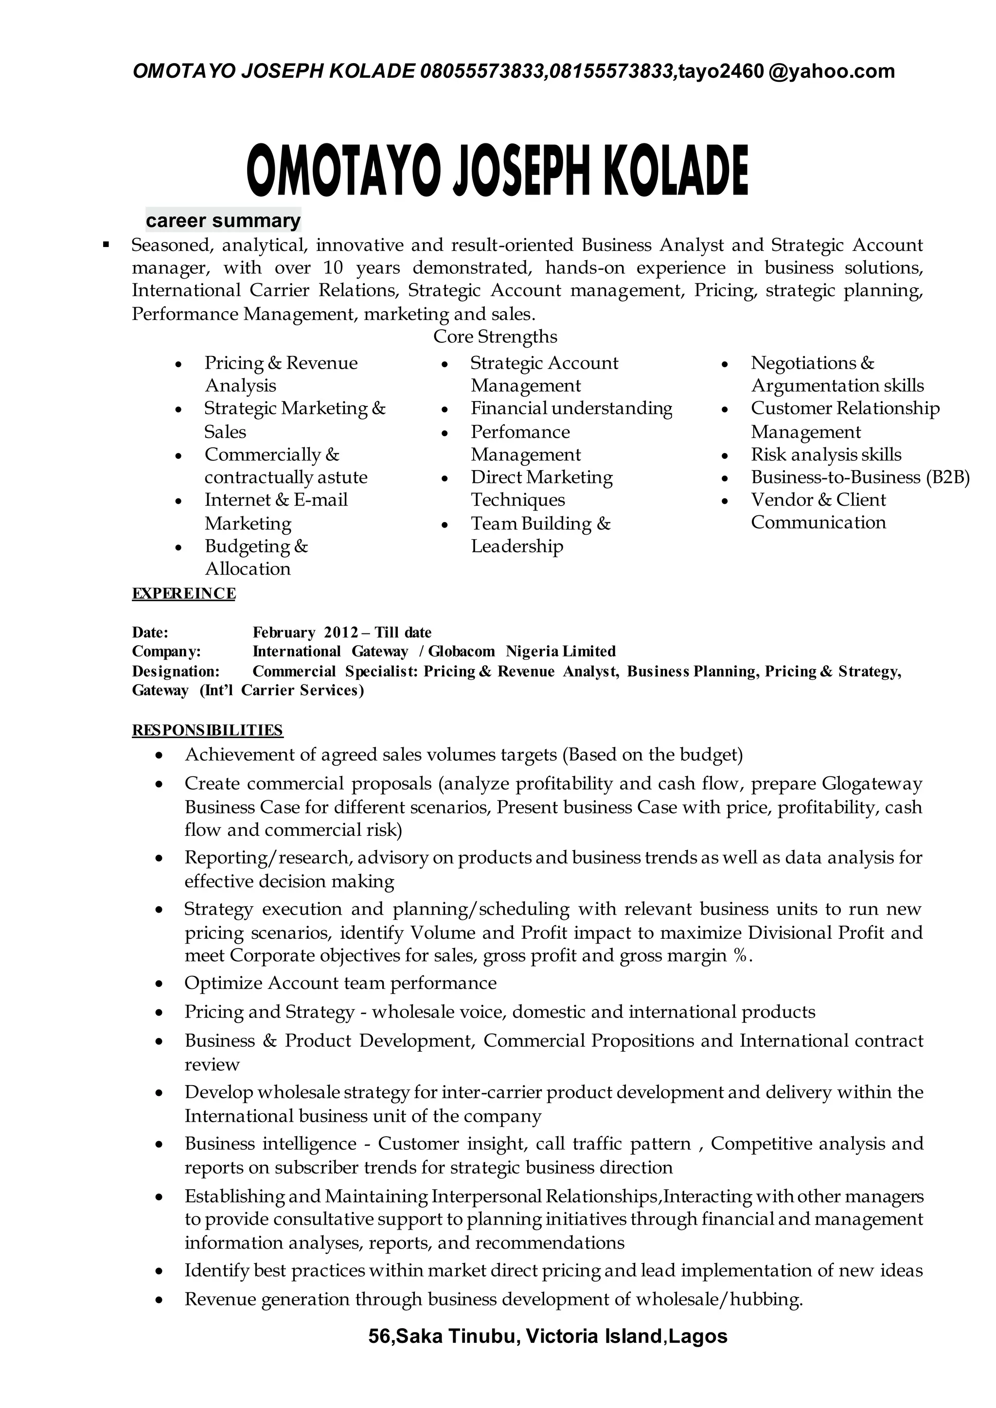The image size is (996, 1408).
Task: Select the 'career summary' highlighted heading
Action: click(x=223, y=220)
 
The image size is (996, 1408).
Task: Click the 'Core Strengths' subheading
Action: click(x=495, y=336)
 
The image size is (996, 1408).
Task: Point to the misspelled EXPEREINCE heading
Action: click(x=183, y=594)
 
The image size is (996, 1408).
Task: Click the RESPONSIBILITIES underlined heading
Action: click(x=207, y=730)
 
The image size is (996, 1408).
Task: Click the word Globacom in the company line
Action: click(x=461, y=651)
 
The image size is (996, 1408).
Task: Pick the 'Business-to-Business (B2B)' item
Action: click(x=860, y=477)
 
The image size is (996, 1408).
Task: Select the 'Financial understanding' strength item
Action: click(x=571, y=408)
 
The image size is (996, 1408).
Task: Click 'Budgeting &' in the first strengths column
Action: click(x=256, y=546)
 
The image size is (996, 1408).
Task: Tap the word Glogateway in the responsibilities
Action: click(x=871, y=784)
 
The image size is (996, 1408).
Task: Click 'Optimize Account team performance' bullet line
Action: click(x=340, y=983)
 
